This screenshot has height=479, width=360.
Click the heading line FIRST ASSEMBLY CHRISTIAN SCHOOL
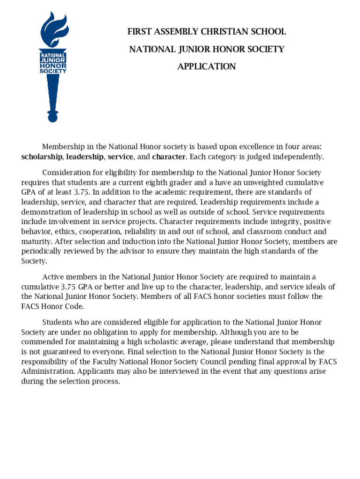click(206, 32)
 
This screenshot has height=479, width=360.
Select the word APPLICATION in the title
click(206, 66)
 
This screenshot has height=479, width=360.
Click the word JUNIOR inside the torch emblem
click(52, 60)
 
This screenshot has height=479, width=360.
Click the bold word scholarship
click(42, 156)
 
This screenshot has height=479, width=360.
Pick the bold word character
click(169, 156)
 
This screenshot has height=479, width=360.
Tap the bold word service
click(120, 156)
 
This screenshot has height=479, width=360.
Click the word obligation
click(93, 332)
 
